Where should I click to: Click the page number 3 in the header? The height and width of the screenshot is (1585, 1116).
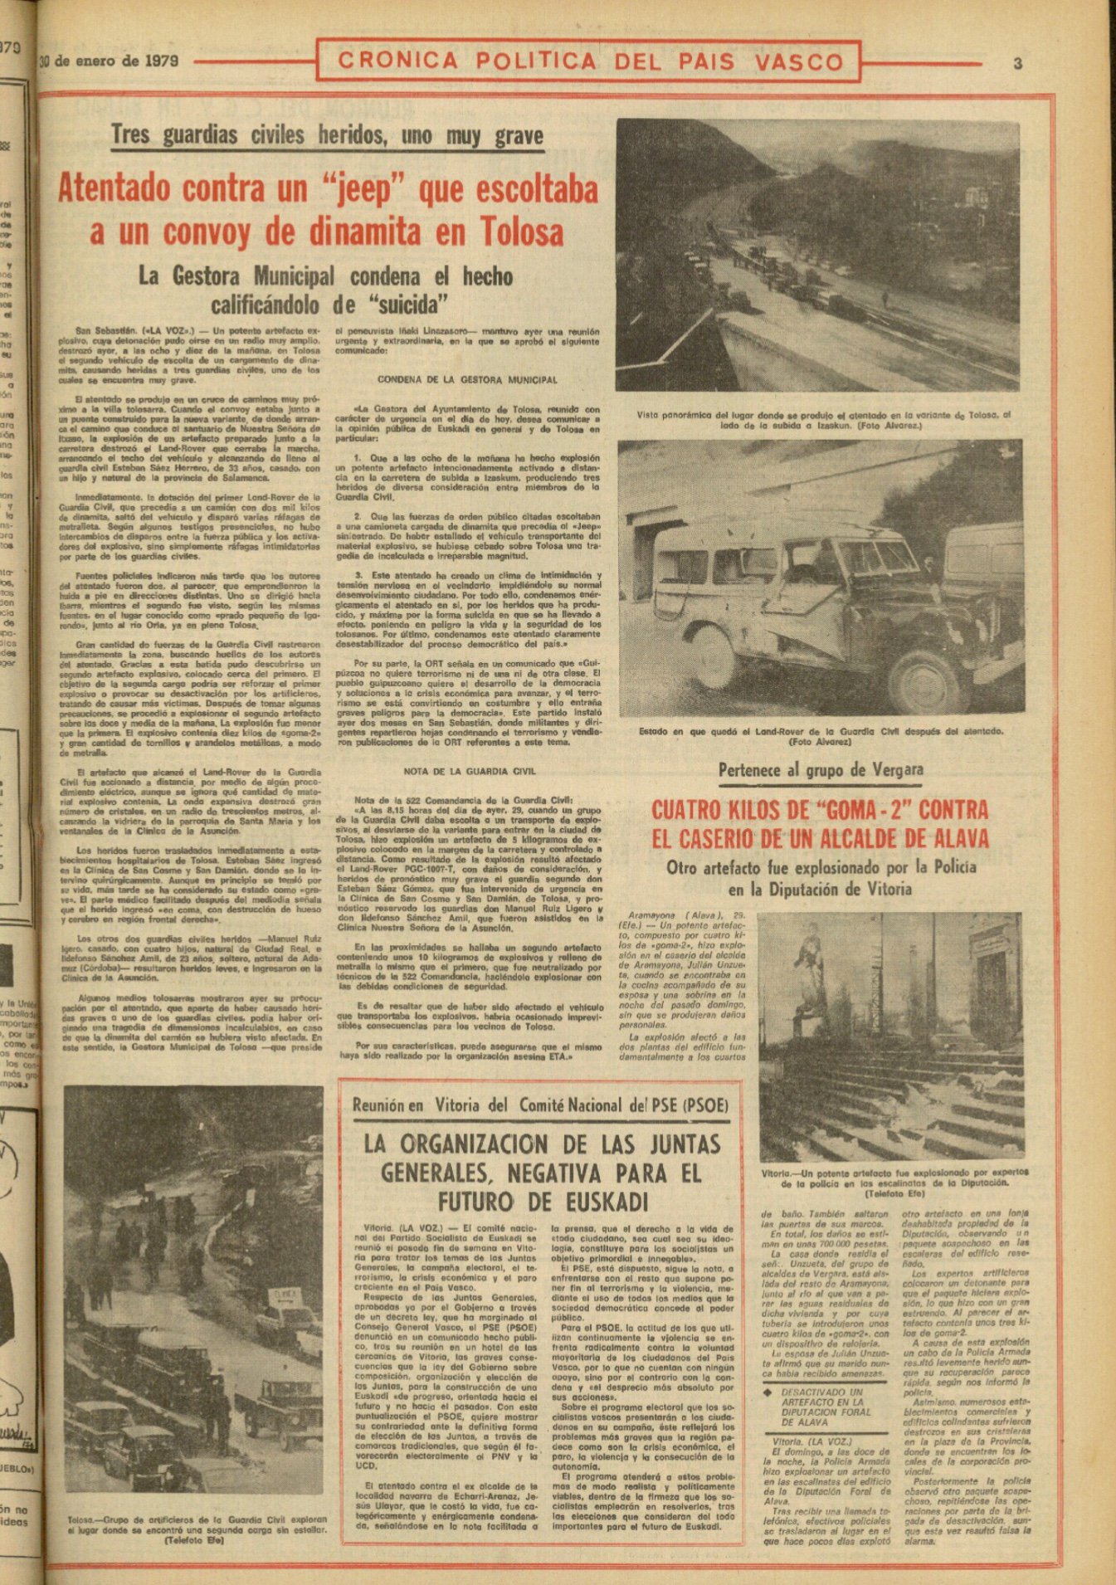click(x=1017, y=63)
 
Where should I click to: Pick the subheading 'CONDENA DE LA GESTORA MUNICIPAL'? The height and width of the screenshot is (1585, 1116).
click(x=467, y=380)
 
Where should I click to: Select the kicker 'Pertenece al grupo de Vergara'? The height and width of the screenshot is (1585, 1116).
click(x=820, y=768)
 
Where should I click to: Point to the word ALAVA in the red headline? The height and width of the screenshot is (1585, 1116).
click(x=946, y=838)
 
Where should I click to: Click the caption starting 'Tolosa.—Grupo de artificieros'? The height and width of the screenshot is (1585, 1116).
click(x=196, y=1527)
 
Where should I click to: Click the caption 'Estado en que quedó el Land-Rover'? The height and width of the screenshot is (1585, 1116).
click(x=821, y=736)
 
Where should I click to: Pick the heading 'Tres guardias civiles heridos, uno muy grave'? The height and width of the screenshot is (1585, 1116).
click(x=327, y=135)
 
